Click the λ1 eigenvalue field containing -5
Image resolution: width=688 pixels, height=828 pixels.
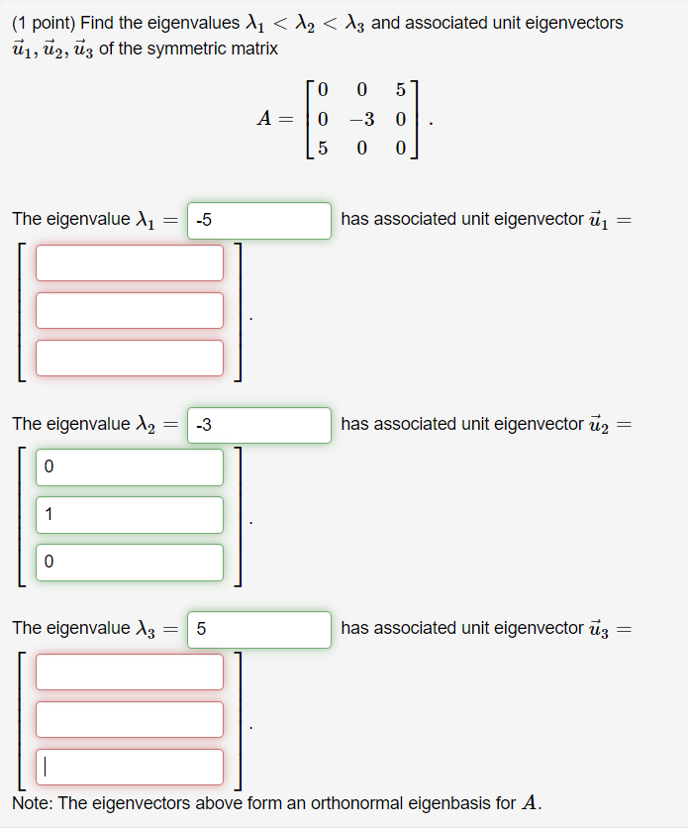[x=258, y=220]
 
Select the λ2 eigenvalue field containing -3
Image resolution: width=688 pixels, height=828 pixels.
[x=258, y=425]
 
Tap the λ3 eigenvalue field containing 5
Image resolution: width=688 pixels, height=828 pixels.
[x=258, y=629]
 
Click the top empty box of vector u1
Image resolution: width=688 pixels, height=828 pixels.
[x=130, y=262]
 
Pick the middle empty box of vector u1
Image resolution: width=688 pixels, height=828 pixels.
[x=130, y=310]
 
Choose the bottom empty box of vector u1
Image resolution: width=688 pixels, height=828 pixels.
[x=130, y=358]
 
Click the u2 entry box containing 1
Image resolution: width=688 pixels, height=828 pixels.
[x=130, y=514]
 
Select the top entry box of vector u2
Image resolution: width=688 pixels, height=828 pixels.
[x=130, y=467]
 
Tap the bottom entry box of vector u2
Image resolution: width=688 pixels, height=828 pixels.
[x=130, y=562]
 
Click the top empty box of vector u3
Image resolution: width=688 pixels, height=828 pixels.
[x=130, y=672]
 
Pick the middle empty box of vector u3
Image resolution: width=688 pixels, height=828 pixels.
[x=130, y=719]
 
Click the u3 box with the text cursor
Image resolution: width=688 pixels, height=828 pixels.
[x=130, y=767]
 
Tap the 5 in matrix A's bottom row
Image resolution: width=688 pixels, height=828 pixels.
[x=323, y=149]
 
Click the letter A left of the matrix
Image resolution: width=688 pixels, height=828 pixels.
[x=264, y=120]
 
